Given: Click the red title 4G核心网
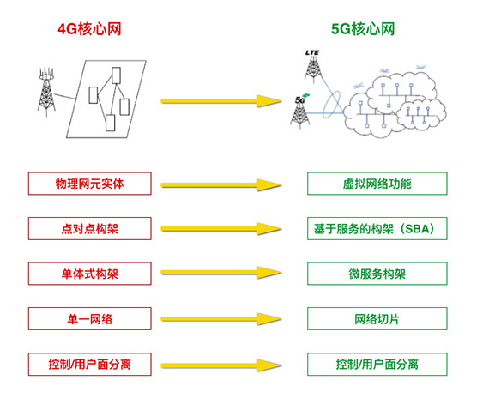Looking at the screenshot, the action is pyautogui.click(x=89, y=29).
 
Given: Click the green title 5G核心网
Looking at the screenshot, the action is pyautogui.click(x=363, y=29).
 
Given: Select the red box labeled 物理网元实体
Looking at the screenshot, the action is pyautogui.click(x=90, y=184).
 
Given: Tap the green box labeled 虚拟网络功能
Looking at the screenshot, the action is pyautogui.click(x=377, y=184).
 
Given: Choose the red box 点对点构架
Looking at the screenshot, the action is pyautogui.click(x=90, y=229).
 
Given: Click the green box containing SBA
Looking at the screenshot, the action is pyautogui.click(x=377, y=229).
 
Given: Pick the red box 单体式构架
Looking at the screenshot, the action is pyautogui.click(x=90, y=274).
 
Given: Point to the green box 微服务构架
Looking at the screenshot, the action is pyautogui.click(x=377, y=274).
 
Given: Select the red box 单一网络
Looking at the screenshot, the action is pyautogui.click(x=90, y=319).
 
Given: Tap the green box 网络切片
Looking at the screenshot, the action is pyautogui.click(x=377, y=319).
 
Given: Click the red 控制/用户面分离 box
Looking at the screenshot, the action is pyautogui.click(x=90, y=365).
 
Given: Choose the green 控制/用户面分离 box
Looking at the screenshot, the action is pyautogui.click(x=377, y=365).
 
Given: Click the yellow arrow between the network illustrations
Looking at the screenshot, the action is pyautogui.click(x=220, y=101).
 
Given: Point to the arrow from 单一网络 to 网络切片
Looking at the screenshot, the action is pyautogui.click(x=220, y=319).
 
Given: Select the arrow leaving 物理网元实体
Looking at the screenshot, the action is pyautogui.click(x=220, y=185).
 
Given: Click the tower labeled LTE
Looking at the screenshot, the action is pyautogui.click(x=313, y=68).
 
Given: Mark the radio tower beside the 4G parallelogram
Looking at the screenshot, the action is pyautogui.click(x=46, y=93).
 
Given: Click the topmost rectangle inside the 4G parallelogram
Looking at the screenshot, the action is pyautogui.click(x=116, y=75).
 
